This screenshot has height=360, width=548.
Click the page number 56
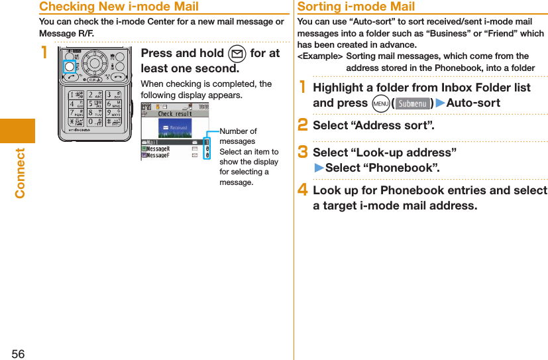(18, 354)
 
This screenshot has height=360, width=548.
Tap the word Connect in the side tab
(19, 173)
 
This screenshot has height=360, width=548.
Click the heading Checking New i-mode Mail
(119, 7)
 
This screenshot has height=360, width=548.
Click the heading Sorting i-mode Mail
(356, 7)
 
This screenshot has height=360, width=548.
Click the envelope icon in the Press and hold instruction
(238, 54)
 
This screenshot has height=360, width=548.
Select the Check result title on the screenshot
(175, 114)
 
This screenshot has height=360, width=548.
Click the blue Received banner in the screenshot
(175, 127)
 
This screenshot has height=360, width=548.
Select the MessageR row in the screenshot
(158, 149)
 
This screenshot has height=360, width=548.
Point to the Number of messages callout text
(238, 137)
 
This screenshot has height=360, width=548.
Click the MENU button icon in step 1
(380, 103)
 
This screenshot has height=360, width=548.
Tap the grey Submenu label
(412, 103)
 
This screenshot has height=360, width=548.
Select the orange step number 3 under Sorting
(302, 152)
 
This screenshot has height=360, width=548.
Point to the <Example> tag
(320, 56)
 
